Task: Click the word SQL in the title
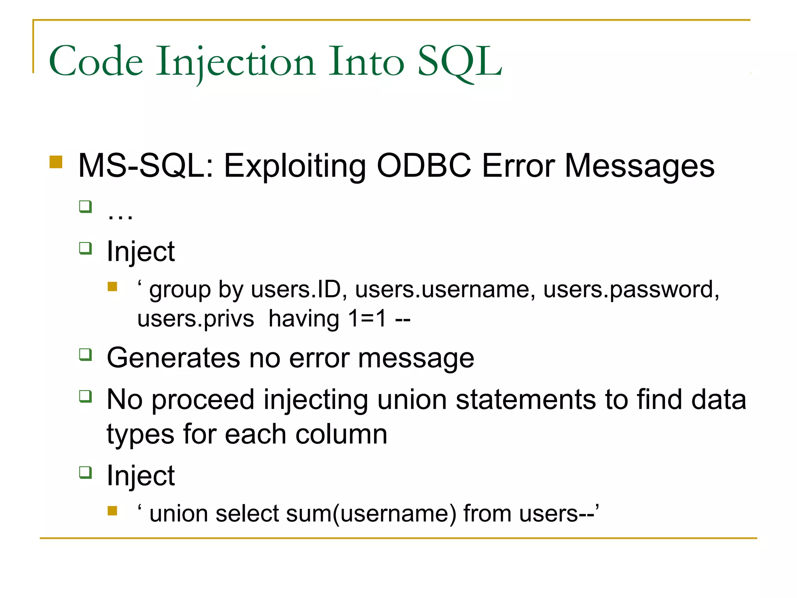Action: pyautogui.click(x=459, y=62)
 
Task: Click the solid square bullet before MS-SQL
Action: pyautogui.click(x=56, y=162)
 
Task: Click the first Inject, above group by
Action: pyautogui.click(x=140, y=252)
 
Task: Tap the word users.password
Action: pyautogui.click(x=631, y=290)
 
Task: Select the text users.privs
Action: pyautogui.click(x=196, y=319)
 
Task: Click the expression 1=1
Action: pyautogui.click(x=367, y=319)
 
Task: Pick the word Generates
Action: pyautogui.click(x=173, y=358)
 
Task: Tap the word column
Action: pyautogui.click(x=341, y=434)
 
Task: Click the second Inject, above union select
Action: pyautogui.click(x=140, y=476)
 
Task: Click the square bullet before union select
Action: pyautogui.click(x=112, y=510)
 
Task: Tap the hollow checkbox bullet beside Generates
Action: pyautogui.click(x=85, y=355)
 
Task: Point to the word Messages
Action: pyautogui.click(x=639, y=166)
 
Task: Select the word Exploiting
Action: pyautogui.click(x=295, y=166)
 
